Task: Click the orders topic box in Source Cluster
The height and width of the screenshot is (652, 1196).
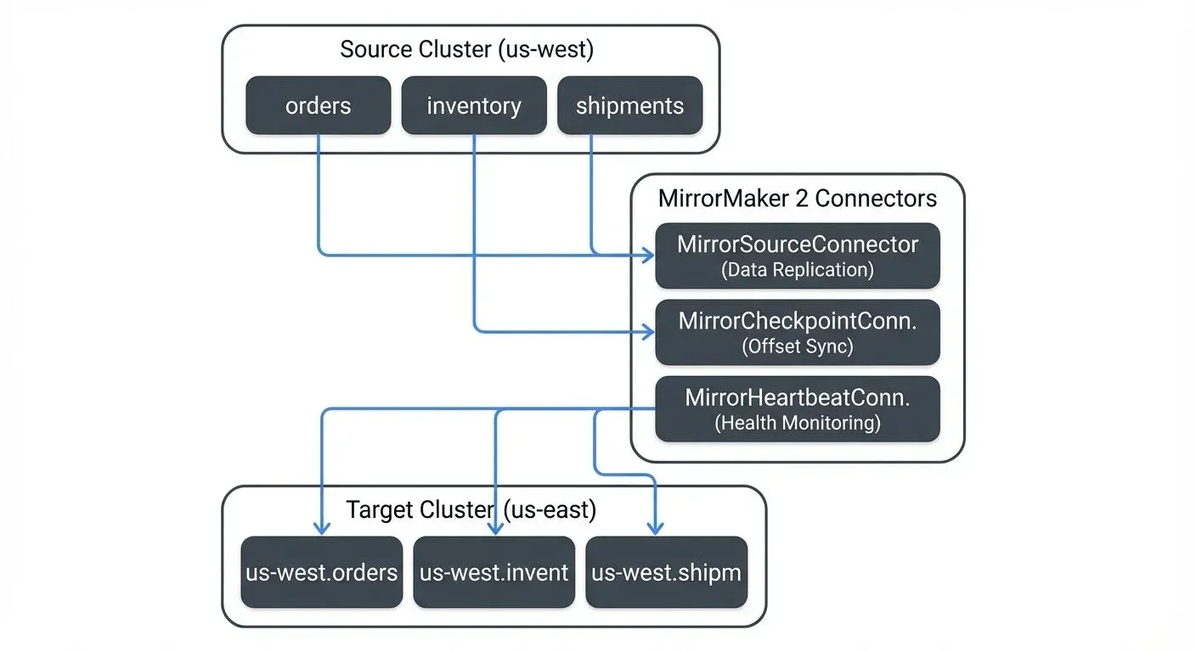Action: tap(319, 105)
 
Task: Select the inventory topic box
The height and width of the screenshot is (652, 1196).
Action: tap(474, 105)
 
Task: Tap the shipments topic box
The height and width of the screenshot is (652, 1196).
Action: tap(629, 105)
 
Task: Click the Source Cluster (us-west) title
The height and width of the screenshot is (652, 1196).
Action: tap(466, 49)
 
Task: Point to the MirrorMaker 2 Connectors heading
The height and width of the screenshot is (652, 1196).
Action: tap(798, 198)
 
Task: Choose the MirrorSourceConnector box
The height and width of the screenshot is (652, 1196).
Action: tap(798, 256)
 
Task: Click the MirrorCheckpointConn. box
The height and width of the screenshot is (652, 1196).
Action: tap(798, 332)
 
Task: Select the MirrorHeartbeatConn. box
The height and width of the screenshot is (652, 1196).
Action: tap(798, 408)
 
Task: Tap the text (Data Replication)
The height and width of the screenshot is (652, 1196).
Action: tap(798, 270)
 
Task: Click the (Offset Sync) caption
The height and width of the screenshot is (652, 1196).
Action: tap(798, 346)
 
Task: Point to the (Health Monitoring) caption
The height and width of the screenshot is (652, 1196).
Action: tap(798, 423)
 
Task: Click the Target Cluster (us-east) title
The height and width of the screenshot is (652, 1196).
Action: tap(471, 509)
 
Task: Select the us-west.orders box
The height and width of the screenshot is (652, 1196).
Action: tap(322, 572)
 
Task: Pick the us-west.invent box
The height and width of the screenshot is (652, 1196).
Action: tap(494, 572)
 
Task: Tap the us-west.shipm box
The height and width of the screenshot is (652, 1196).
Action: tap(667, 572)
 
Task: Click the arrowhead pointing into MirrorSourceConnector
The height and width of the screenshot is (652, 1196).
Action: tap(648, 254)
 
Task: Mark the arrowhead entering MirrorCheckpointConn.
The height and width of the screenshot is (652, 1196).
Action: tap(648, 330)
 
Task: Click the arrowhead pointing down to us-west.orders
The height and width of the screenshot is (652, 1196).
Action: tap(321, 529)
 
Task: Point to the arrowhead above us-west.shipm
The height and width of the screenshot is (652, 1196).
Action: tap(656, 529)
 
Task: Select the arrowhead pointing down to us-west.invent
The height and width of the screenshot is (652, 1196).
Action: tap(495, 529)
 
